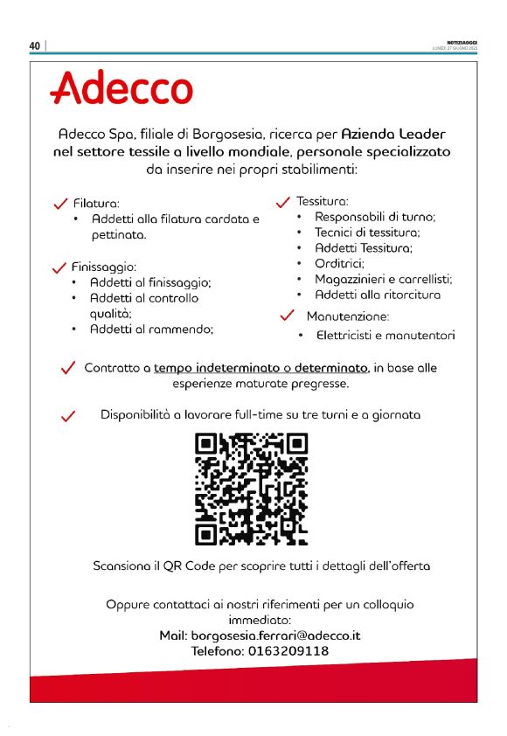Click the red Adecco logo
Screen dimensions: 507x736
[x=122, y=88]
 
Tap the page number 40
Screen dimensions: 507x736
[x=35, y=46]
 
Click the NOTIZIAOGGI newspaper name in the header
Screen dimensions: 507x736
[x=461, y=43]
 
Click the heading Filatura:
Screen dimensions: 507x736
[x=96, y=203]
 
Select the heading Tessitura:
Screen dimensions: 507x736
[x=323, y=200]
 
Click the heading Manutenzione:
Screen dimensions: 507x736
[x=347, y=316]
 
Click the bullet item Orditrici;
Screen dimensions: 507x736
[x=339, y=263]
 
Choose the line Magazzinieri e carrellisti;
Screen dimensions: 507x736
[x=383, y=279]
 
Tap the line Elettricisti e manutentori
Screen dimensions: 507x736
[x=385, y=335]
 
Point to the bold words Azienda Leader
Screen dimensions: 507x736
[x=392, y=135]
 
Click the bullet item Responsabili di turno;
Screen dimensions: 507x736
[x=375, y=216]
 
